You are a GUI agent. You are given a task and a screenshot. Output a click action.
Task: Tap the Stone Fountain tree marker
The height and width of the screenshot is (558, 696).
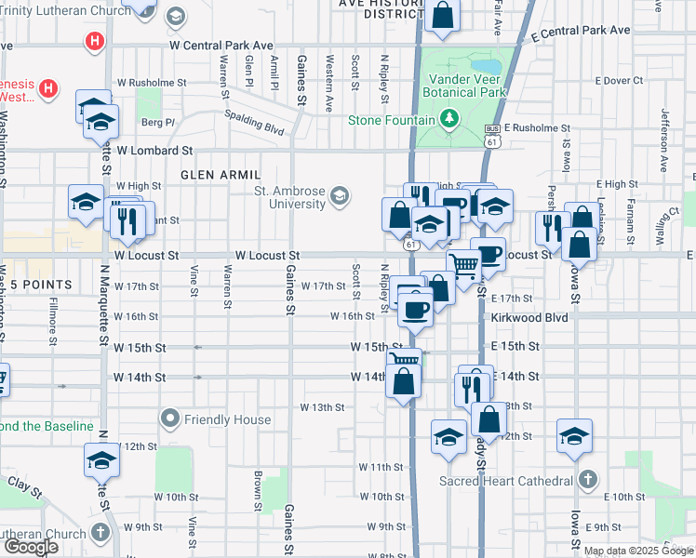(450, 119)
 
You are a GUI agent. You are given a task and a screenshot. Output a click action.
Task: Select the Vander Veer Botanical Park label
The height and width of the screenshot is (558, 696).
(464, 86)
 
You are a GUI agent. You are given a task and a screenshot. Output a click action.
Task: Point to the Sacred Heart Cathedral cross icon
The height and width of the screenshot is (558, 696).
(586, 480)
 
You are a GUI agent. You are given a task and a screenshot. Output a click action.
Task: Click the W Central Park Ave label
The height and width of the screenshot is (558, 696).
(221, 45)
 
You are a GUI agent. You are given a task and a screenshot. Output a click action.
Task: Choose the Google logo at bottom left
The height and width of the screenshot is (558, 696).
(31, 547)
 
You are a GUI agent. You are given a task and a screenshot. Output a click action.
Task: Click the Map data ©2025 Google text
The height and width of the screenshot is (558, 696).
(638, 551)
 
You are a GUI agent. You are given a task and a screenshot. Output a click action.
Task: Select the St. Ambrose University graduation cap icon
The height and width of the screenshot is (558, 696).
(340, 194)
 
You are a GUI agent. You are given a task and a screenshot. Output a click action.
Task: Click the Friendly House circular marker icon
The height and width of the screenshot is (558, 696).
(169, 419)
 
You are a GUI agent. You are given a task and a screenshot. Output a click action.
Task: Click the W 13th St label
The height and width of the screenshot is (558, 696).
(322, 407)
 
